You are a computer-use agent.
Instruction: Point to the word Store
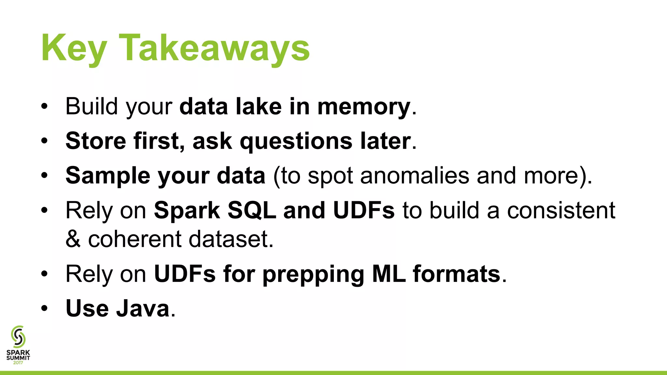click(96, 141)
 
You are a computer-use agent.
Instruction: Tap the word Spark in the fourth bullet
click(187, 211)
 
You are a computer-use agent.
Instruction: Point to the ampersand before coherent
click(73, 239)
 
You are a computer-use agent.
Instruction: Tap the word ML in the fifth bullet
click(389, 274)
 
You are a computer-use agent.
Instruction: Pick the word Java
click(143, 308)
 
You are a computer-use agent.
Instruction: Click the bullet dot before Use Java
click(45, 308)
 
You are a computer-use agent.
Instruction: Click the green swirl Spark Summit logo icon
click(18, 337)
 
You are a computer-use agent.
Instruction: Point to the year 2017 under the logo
click(18, 363)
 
